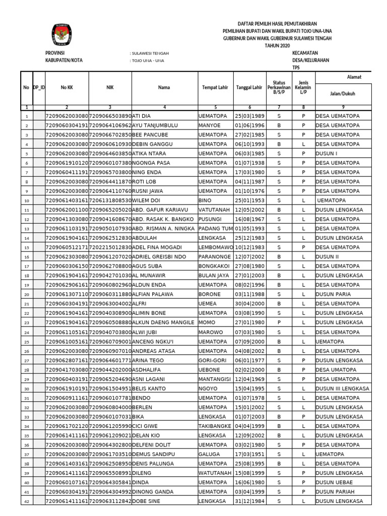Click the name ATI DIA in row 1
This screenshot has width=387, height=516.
[x=142, y=116]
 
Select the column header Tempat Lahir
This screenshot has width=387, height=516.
[x=215, y=88]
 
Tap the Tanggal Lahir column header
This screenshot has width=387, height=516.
[x=249, y=88]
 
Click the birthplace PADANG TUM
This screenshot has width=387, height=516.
[x=215, y=229]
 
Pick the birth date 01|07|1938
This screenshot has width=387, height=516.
[x=249, y=163]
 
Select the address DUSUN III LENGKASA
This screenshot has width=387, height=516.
[x=342, y=389]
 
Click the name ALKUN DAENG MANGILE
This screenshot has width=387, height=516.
[x=163, y=322]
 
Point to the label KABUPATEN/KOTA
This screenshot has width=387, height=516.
[x=64, y=60]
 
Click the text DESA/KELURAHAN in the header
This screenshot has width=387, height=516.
[x=310, y=60]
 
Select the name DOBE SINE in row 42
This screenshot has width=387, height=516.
[x=146, y=501]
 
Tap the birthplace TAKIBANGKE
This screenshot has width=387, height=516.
[x=216, y=426]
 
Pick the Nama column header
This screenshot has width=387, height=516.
[x=164, y=88]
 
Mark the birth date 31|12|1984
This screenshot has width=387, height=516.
[x=249, y=501]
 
